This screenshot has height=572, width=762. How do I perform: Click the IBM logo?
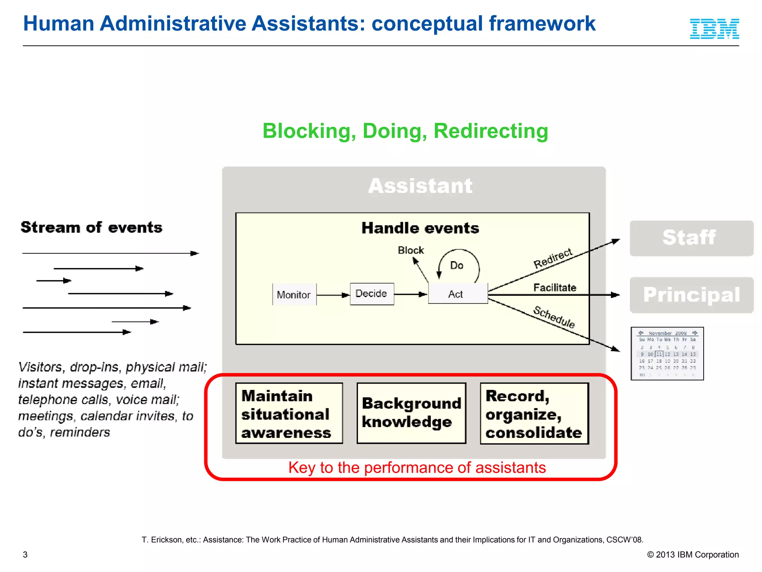pyautogui.click(x=714, y=29)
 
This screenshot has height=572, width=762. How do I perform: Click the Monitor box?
pyautogui.click(x=294, y=295)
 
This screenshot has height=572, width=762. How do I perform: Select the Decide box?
pyautogui.click(x=372, y=294)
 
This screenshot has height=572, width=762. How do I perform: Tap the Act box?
pyautogui.click(x=457, y=294)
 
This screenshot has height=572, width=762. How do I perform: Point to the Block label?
pyautogui.click(x=410, y=250)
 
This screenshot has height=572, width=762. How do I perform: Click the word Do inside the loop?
pyautogui.click(x=457, y=266)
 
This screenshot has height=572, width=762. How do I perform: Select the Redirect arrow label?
pyautogui.click(x=553, y=258)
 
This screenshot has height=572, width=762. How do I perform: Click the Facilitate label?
pyautogui.click(x=554, y=287)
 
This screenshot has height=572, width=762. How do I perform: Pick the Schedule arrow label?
pyautogui.click(x=554, y=317)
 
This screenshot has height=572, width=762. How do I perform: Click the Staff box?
pyautogui.click(x=691, y=238)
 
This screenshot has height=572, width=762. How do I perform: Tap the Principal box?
pyautogui.click(x=691, y=295)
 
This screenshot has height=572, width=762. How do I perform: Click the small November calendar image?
pyautogui.click(x=667, y=353)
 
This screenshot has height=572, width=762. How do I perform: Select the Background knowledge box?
pyautogui.click(x=411, y=413)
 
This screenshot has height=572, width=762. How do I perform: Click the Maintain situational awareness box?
pyautogui.click(x=289, y=413)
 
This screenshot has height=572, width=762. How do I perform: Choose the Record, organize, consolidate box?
pyautogui.click(x=534, y=413)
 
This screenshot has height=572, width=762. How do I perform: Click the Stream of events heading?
pyautogui.click(x=92, y=227)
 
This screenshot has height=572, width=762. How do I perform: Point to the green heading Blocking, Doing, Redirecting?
pyautogui.click(x=405, y=131)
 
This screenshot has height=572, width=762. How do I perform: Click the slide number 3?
pyautogui.click(x=25, y=554)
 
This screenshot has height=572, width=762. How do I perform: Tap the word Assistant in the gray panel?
pyautogui.click(x=420, y=185)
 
